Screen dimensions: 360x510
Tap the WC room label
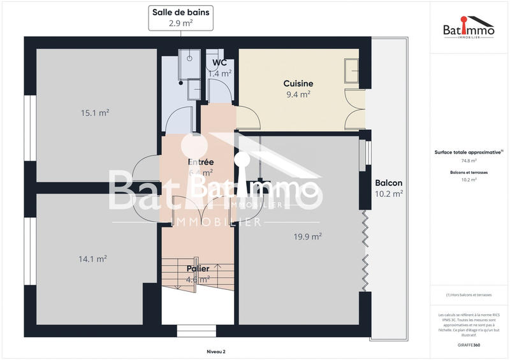click(219, 63)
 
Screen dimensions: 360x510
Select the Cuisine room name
click(298, 83)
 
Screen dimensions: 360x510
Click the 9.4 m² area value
click(298, 94)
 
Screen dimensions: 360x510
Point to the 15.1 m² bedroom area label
click(94, 113)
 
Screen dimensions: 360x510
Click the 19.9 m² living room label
click(307, 236)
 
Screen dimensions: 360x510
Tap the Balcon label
click(388, 183)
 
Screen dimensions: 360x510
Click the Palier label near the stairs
click(198, 269)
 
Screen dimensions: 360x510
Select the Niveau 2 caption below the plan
click(216, 351)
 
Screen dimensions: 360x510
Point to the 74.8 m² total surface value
click(469, 161)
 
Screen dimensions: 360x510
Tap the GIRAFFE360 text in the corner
click(469, 345)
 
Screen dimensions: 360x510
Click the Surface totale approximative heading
click(469, 152)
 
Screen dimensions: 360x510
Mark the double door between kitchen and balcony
click(354, 108)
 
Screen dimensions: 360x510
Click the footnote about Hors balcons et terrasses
click(469, 295)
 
